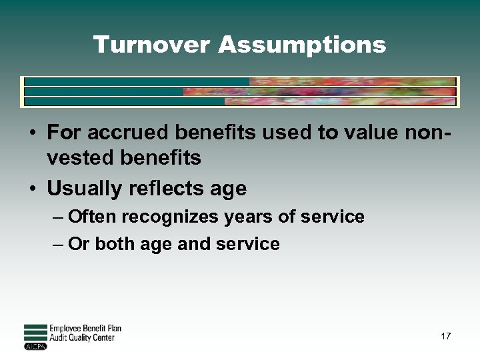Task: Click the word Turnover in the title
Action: click(x=152, y=45)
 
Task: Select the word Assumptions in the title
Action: click(x=302, y=45)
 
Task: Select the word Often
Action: click(x=91, y=217)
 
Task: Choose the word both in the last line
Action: click(x=113, y=244)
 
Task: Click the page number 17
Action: click(x=445, y=336)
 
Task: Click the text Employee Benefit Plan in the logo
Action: click(x=85, y=329)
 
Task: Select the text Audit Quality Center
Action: click(x=82, y=338)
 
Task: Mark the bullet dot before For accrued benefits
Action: click(x=33, y=133)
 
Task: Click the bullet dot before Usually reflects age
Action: click(x=33, y=189)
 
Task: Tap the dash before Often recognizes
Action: click(x=58, y=217)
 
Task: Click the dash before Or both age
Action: click(x=58, y=245)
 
